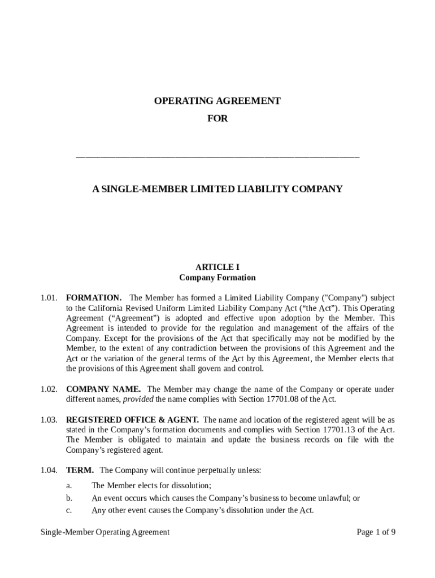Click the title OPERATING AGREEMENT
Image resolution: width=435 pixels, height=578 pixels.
[x=217, y=101]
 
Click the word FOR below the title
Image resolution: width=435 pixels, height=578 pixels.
[x=217, y=119]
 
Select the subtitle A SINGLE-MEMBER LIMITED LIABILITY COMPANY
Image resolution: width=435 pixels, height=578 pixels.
[x=217, y=189]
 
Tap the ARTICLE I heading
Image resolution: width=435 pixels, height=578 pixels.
[x=217, y=267]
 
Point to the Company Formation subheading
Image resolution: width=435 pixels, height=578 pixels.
[x=217, y=278]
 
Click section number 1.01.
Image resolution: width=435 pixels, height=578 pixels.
[x=49, y=297]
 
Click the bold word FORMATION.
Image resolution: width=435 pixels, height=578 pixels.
[x=93, y=297]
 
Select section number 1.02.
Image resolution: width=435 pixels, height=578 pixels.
[x=49, y=389]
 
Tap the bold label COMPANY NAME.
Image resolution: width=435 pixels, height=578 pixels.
[x=104, y=389]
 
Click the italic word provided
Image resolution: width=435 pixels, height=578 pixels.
[x=138, y=400]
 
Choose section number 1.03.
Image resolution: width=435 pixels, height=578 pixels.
[x=49, y=420]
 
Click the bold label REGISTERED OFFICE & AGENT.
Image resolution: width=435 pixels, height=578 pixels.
[x=132, y=420]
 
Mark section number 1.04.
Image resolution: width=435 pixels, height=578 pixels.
[x=49, y=470]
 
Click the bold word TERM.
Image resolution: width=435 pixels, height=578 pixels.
[x=80, y=470]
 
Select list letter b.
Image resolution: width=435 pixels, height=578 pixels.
[x=69, y=498]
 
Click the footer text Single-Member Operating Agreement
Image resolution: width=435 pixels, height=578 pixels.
[x=105, y=532]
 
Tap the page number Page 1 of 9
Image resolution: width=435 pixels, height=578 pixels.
[x=376, y=532]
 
